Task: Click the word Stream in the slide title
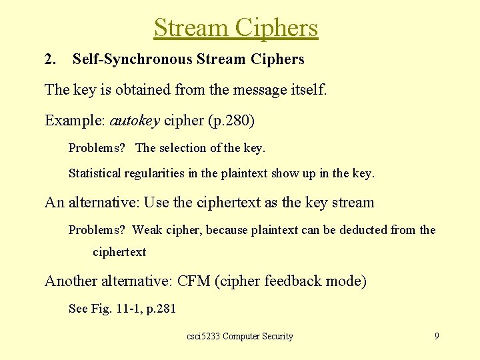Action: click(x=190, y=28)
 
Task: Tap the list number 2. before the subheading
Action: click(x=50, y=59)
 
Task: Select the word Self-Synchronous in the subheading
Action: click(x=133, y=59)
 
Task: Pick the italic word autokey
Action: click(x=134, y=121)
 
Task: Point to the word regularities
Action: click(x=151, y=173)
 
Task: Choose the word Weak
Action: click(x=147, y=230)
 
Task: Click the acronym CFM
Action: click(x=194, y=281)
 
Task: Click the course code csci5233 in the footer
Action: click(x=203, y=337)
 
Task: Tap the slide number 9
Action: click(x=437, y=336)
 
